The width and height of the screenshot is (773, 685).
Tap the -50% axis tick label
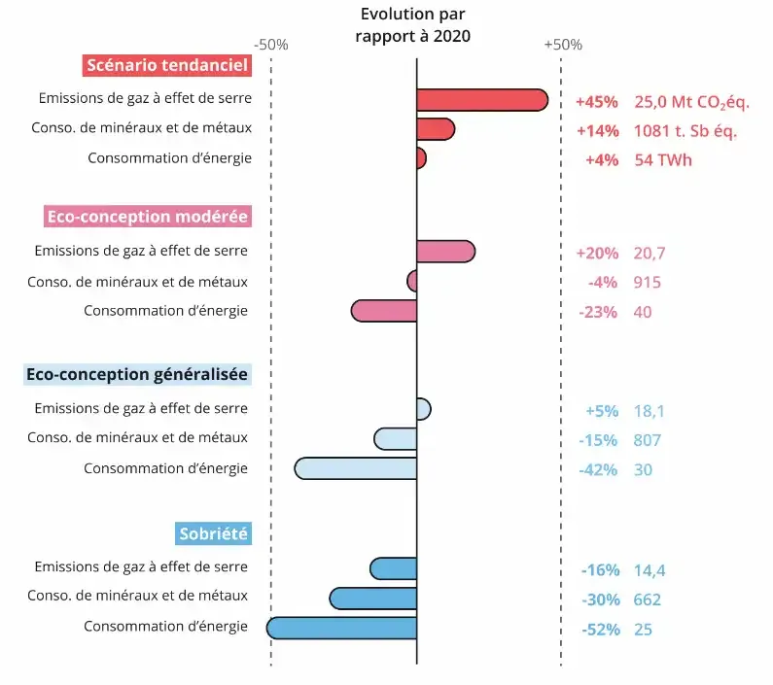pos(270,45)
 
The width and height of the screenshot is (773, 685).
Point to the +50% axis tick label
pos(562,45)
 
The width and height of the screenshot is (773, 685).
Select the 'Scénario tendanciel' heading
pos(167,65)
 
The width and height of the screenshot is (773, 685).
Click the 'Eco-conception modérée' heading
pos(147,216)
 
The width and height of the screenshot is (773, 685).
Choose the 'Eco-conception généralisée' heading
pos(137,374)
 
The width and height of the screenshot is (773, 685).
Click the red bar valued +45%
pos(481,100)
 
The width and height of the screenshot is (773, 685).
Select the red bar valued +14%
pos(435,129)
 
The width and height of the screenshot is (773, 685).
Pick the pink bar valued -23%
pos(384,311)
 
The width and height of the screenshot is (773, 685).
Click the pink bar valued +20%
pos(445,252)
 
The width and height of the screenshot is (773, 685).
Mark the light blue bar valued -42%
pos(356,468)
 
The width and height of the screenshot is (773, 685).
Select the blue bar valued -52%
pos(342,628)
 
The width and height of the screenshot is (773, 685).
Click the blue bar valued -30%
pos(373,598)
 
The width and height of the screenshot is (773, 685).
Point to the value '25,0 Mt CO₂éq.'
pos(691,101)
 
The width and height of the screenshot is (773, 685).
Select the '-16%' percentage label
pos(599,569)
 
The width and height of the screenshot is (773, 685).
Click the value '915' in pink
pos(647,282)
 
